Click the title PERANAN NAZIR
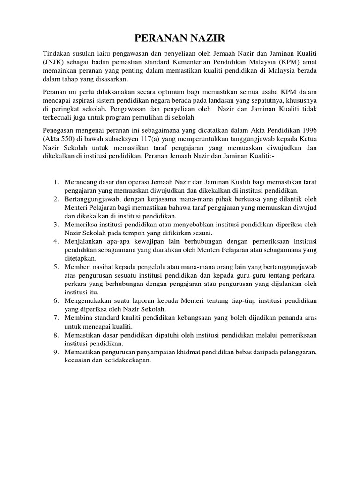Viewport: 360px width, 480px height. pos(180,38)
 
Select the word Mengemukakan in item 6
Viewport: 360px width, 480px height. pos(87,300)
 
